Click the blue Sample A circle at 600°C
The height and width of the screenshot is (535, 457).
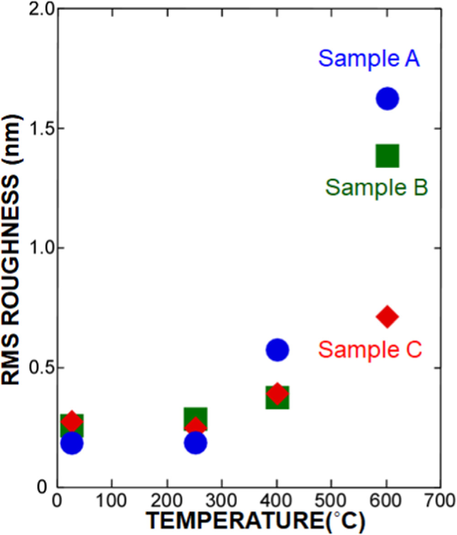coord(387,98)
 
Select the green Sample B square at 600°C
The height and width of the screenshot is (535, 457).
coord(387,156)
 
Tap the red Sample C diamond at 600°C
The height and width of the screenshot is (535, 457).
coord(387,317)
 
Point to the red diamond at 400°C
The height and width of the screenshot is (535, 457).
coord(277,393)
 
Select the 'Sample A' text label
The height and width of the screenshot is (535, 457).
coord(369,59)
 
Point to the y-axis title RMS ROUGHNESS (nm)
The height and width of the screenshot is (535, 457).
coord(12,250)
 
